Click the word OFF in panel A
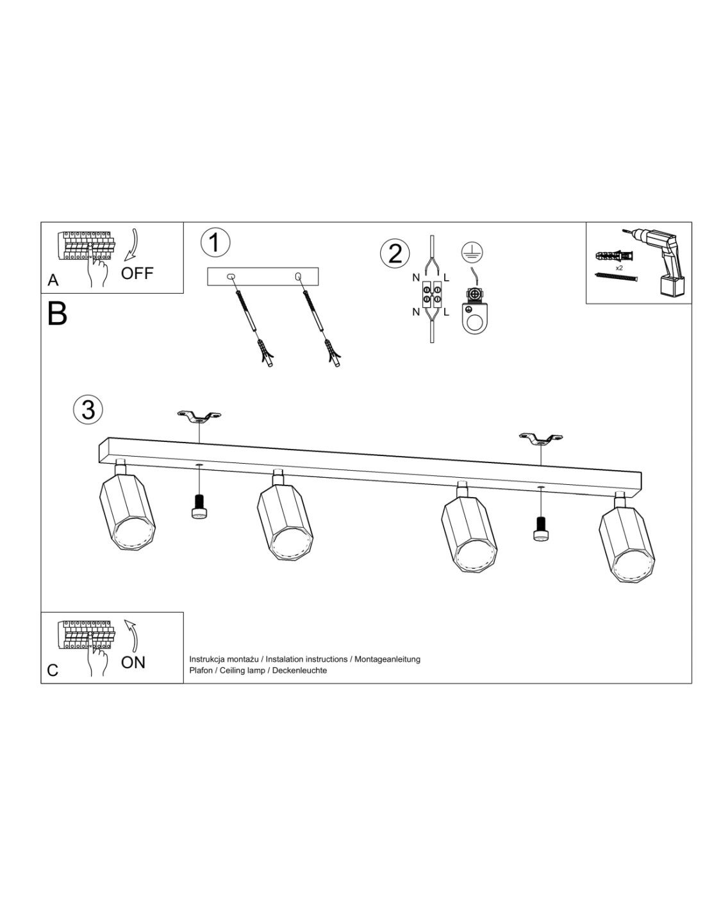coord(137,273)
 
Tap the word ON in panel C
coord(133,663)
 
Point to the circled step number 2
coord(394,254)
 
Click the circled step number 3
coord(88,410)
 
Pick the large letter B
coord(58,314)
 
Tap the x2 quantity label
coord(619,268)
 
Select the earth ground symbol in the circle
coord(472,251)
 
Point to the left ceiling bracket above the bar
coord(199,418)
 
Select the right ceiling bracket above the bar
coord(541,439)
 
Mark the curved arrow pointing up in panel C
coord(133,636)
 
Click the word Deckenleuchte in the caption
coord(299,670)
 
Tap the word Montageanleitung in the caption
coord(387,659)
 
